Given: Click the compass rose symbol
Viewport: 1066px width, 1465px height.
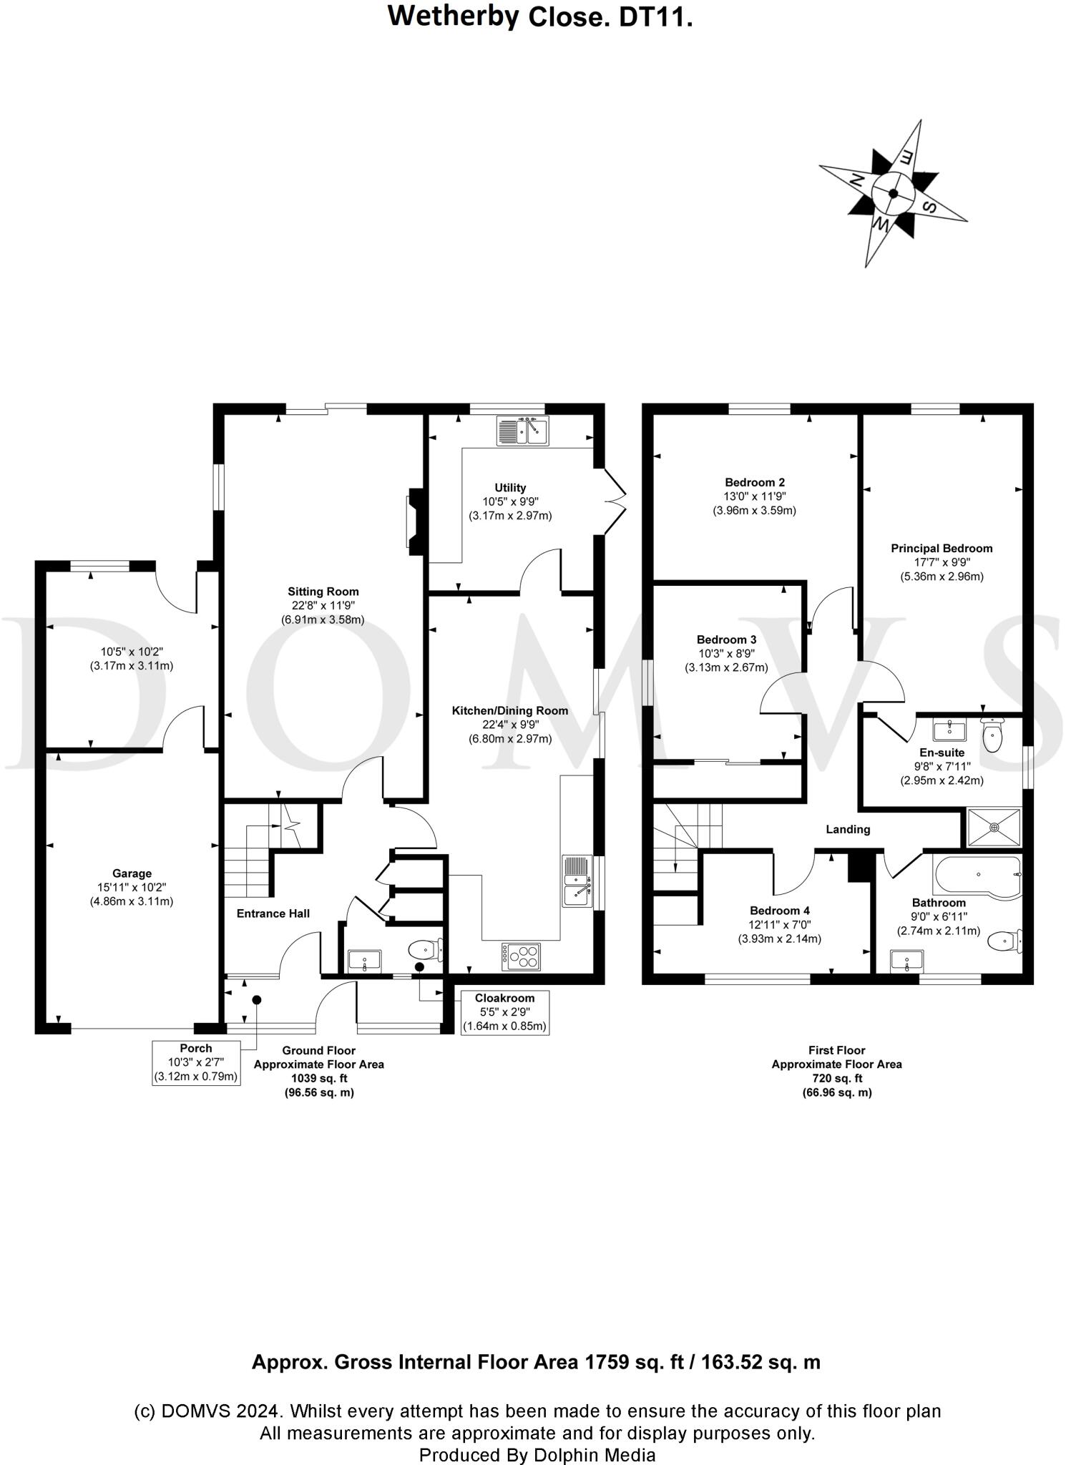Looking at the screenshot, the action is [x=893, y=193].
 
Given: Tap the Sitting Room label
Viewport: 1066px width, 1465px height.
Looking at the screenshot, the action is [x=323, y=592].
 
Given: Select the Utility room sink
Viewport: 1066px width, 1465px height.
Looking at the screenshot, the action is [x=522, y=431].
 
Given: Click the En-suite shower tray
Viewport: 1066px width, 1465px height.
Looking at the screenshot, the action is [x=993, y=827].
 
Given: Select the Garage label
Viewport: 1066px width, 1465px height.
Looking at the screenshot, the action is [x=132, y=873].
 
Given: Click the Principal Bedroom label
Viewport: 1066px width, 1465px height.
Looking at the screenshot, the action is [x=942, y=549].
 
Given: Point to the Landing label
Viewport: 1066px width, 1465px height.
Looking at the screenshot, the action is [x=848, y=829].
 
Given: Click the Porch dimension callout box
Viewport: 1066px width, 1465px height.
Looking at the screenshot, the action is [x=196, y=1062].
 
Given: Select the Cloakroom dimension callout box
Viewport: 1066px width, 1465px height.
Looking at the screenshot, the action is [x=504, y=1012].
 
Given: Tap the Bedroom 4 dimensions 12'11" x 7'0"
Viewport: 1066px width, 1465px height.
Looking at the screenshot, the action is [x=779, y=925].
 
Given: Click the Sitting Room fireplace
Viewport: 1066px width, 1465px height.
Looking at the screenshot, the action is [x=415, y=521].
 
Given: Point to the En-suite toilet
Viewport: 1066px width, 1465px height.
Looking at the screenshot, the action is [x=992, y=735].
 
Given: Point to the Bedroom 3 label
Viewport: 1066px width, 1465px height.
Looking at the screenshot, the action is [x=726, y=640].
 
